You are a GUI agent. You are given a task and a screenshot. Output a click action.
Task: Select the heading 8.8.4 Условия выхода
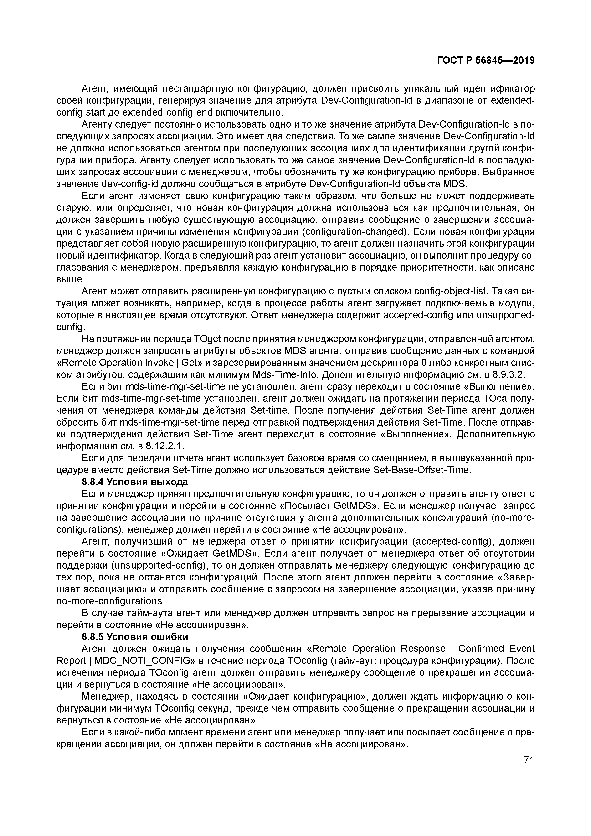[x=135, y=482]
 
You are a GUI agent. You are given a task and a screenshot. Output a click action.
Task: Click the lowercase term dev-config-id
[x=130, y=184]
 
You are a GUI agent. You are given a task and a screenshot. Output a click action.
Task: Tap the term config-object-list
[x=450, y=291]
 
